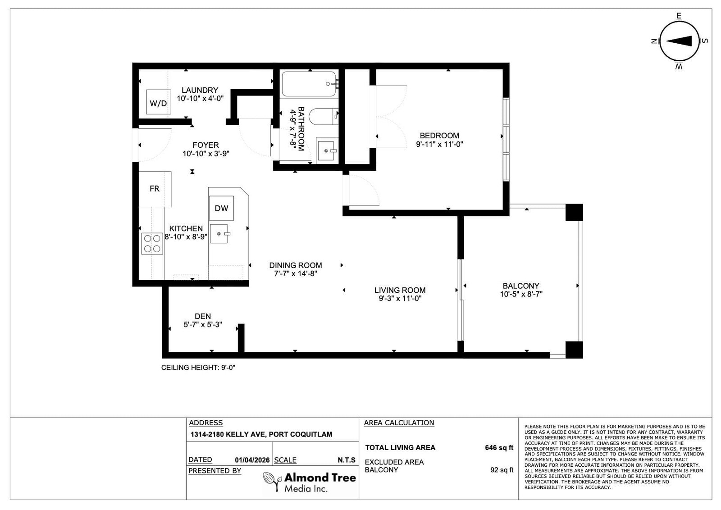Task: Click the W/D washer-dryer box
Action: point(158,102)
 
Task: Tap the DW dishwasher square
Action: point(221,208)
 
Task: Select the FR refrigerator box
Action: point(155,189)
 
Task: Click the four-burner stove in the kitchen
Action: point(152,243)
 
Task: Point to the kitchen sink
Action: point(220,234)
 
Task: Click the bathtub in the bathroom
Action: point(309,84)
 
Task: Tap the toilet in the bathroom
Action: point(323,117)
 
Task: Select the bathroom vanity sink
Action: point(327,150)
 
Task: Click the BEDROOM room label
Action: point(439,136)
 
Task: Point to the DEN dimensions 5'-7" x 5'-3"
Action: point(203,325)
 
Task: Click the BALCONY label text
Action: point(521,286)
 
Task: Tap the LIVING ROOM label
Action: point(400,290)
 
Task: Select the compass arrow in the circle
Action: point(679,41)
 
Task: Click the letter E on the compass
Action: point(679,16)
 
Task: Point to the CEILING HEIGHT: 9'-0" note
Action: point(198,368)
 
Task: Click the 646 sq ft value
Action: point(499,447)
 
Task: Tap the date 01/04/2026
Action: point(252,460)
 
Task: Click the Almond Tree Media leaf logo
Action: point(271,481)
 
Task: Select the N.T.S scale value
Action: point(347,460)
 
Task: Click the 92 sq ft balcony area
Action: point(502,470)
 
